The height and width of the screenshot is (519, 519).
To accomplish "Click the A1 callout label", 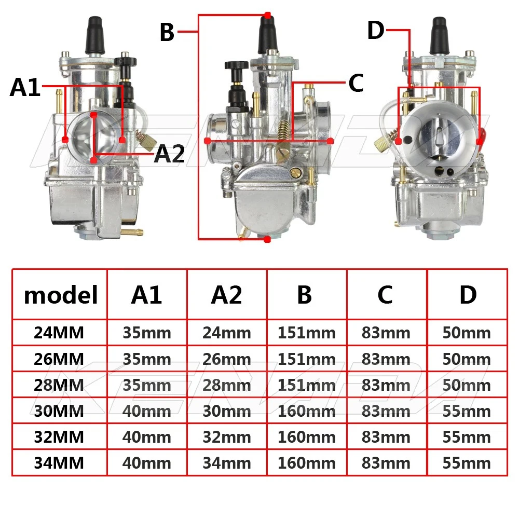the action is (25, 87).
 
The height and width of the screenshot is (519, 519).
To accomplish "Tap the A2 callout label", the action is (170, 154).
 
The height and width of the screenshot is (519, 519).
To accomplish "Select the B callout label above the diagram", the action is (167, 32).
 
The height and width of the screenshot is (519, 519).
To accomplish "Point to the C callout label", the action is (356, 83).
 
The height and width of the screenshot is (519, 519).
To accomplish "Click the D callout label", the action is (376, 30).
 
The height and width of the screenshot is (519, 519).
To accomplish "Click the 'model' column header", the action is (61, 295).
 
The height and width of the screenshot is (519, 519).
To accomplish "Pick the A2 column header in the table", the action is (227, 295).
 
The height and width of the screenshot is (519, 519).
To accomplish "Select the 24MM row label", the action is (59, 333).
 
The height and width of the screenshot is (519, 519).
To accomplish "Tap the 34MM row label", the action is (59, 463).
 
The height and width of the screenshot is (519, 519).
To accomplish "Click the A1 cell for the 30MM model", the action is (147, 411).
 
